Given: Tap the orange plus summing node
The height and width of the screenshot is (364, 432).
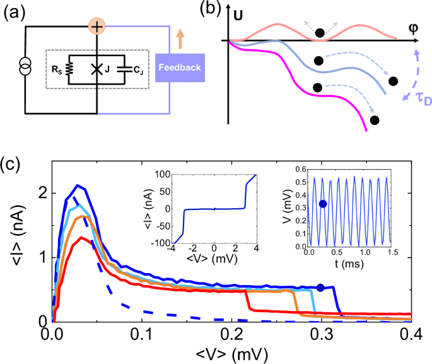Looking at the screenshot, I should click(x=97, y=26).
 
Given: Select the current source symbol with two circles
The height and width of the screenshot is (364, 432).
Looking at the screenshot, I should click(x=25, y=66).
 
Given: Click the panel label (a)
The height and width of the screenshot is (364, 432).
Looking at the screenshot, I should click(x=15, y=11).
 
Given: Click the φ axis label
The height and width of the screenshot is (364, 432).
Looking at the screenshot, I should click(x=412, y=28).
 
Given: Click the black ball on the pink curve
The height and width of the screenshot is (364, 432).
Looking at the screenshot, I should click(x=320, y=33).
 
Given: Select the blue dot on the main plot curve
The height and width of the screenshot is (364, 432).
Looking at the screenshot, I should click(x=320, y=288).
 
